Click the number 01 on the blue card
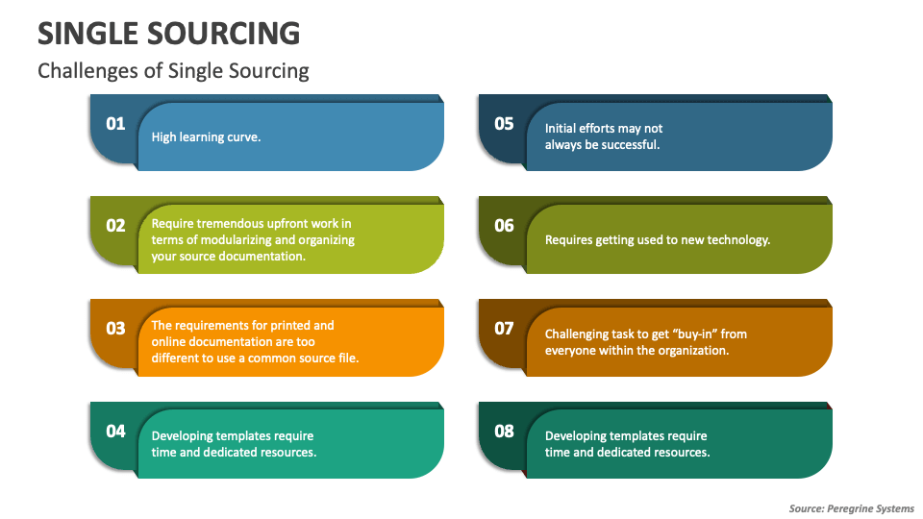(115, 123)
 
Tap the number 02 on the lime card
(115, 226)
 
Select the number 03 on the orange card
(115, 329)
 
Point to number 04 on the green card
(115, 431)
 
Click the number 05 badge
(505, 123)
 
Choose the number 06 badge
(505, 226)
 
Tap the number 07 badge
(505, 329)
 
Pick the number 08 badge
(505, 431)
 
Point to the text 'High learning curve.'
(206, 137)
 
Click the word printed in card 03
(310, 326)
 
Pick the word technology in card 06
(738, 240)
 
